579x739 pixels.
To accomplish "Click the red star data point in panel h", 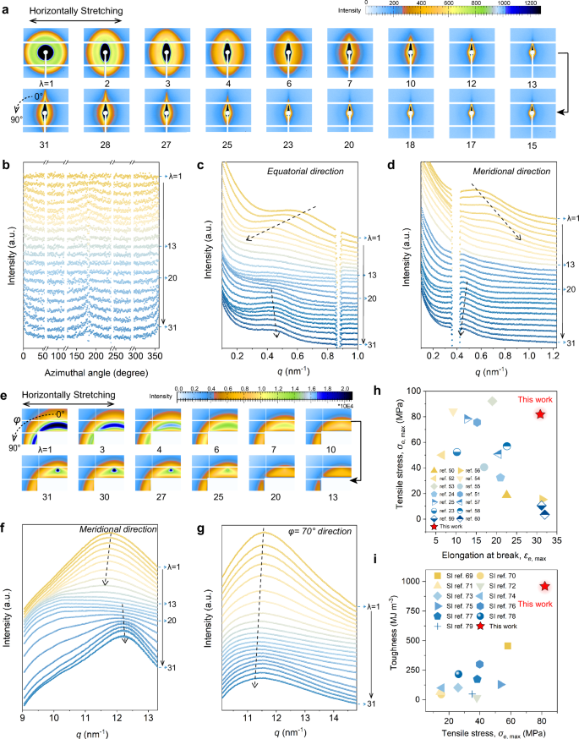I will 541,414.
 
